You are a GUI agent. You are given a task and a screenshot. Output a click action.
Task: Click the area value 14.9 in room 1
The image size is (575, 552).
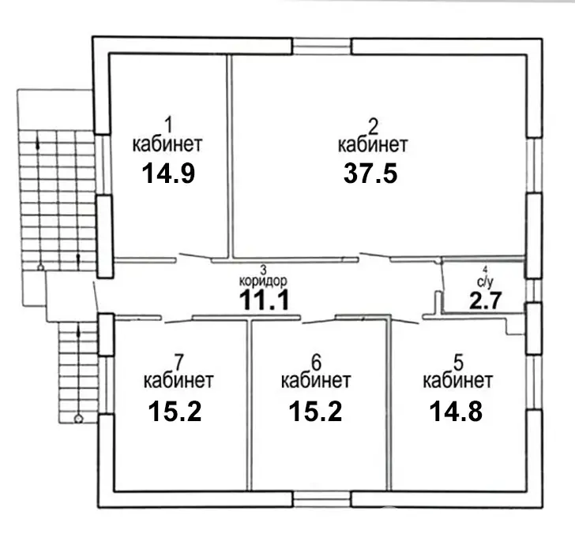coord(167,173)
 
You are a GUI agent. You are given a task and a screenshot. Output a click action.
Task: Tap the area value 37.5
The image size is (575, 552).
coord(372,173)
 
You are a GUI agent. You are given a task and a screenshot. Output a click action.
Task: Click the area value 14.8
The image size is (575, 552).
coord(457,411)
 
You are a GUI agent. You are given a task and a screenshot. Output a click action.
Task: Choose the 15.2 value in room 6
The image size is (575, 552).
coord(315,411)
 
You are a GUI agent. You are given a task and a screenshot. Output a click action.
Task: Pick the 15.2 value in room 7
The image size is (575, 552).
coord(175,411)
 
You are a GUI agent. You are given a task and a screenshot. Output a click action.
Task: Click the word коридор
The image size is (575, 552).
coord(263,280)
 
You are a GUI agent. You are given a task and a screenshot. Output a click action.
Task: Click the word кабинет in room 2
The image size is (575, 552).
coord(372,145)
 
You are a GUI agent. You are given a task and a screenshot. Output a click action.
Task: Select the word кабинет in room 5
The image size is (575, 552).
coord(458,382)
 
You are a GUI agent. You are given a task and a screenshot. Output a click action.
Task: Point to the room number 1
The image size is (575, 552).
coord(167,123)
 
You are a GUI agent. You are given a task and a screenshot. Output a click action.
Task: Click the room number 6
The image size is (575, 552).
coord(316,363)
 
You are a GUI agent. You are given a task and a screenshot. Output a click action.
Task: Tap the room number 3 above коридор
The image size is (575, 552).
coord(264,268)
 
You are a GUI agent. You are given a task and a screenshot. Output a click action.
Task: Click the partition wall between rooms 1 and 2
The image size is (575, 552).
coord(230,158)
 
